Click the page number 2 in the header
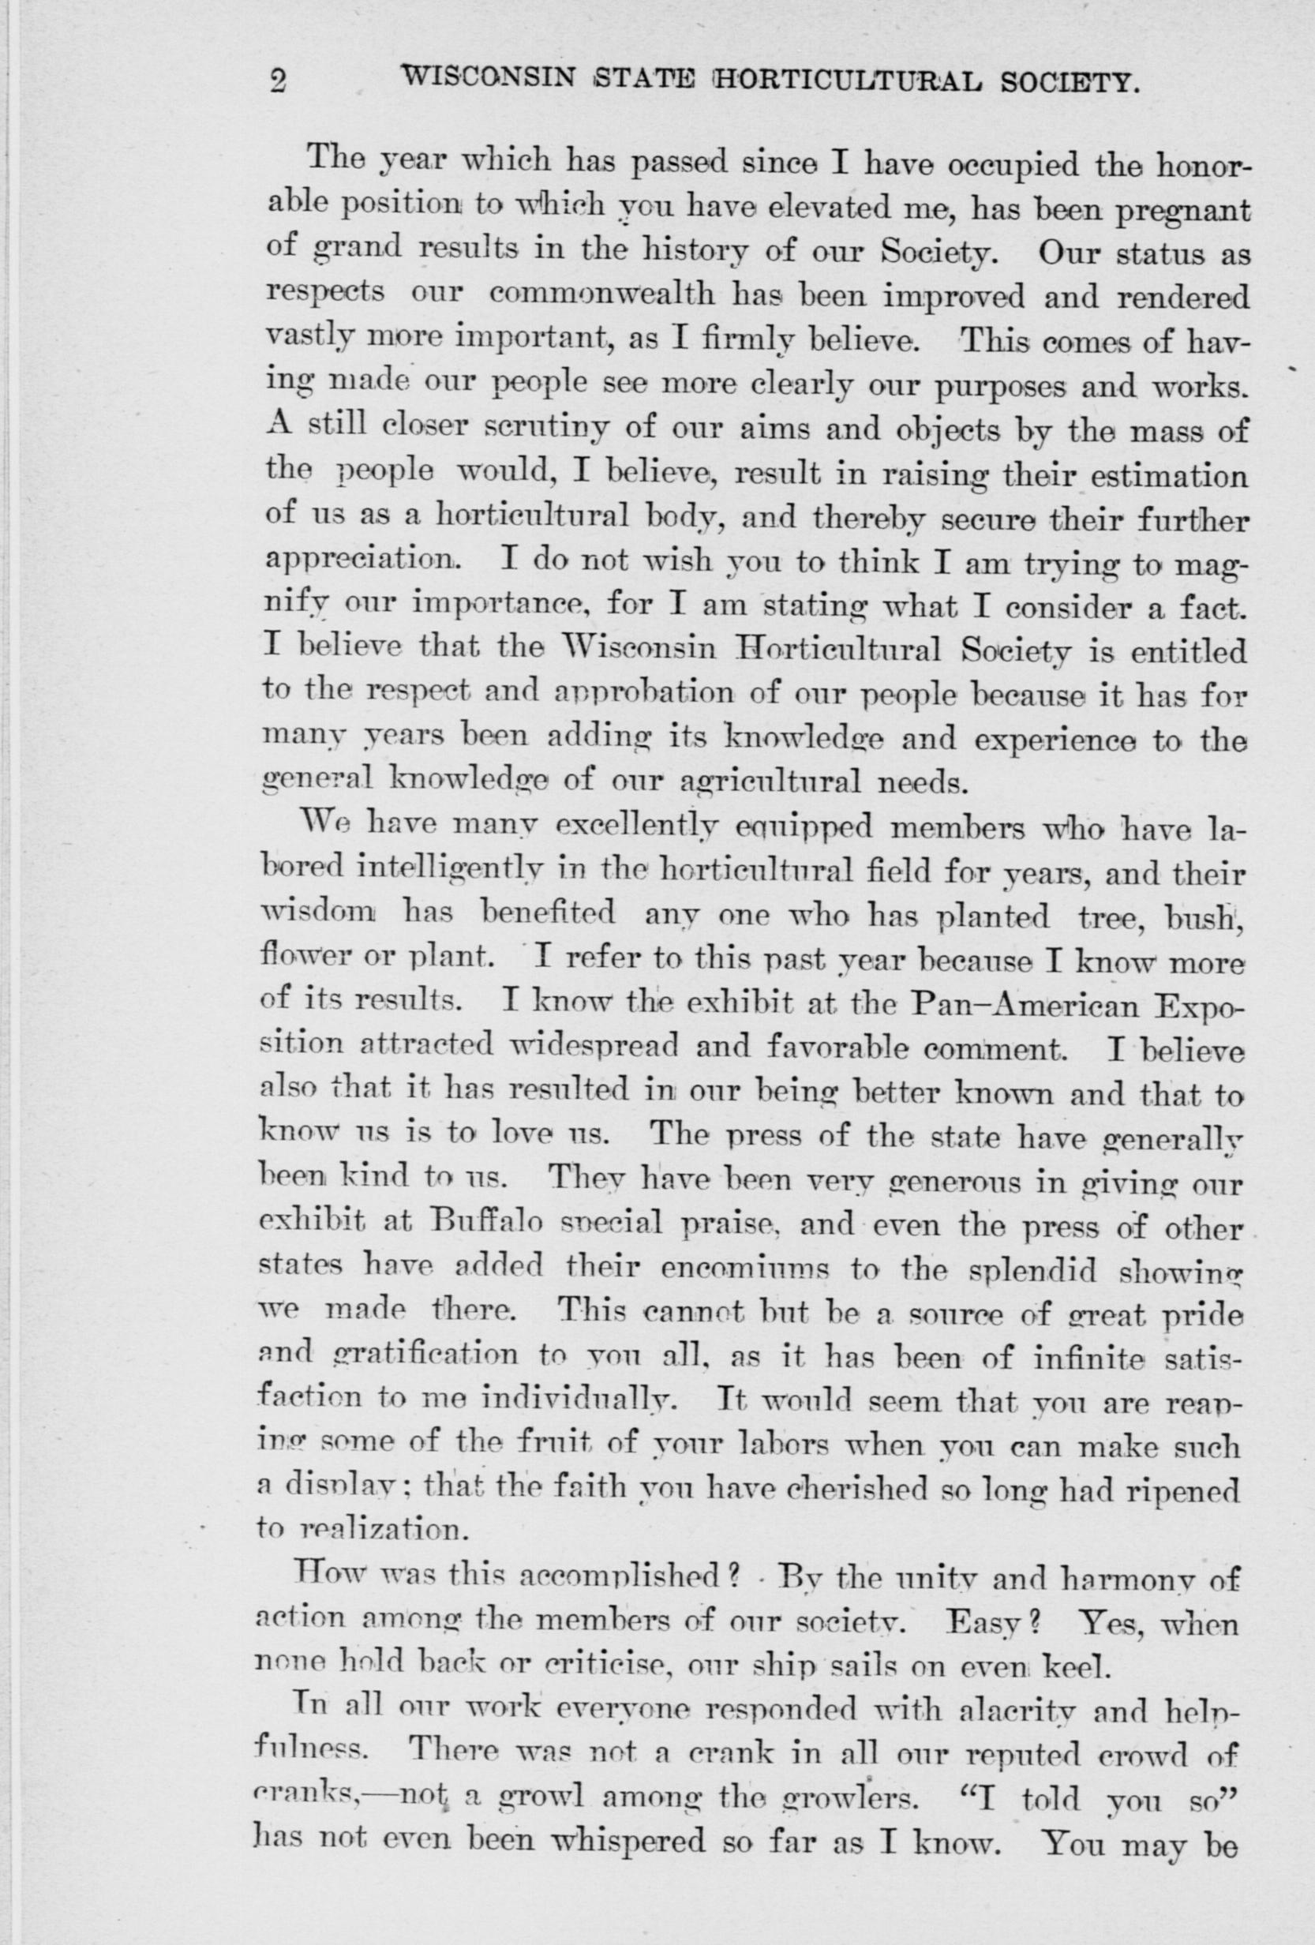tap(278, 81)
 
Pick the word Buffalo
tap(496, 1229)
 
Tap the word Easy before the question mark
tap(983, 1625)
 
